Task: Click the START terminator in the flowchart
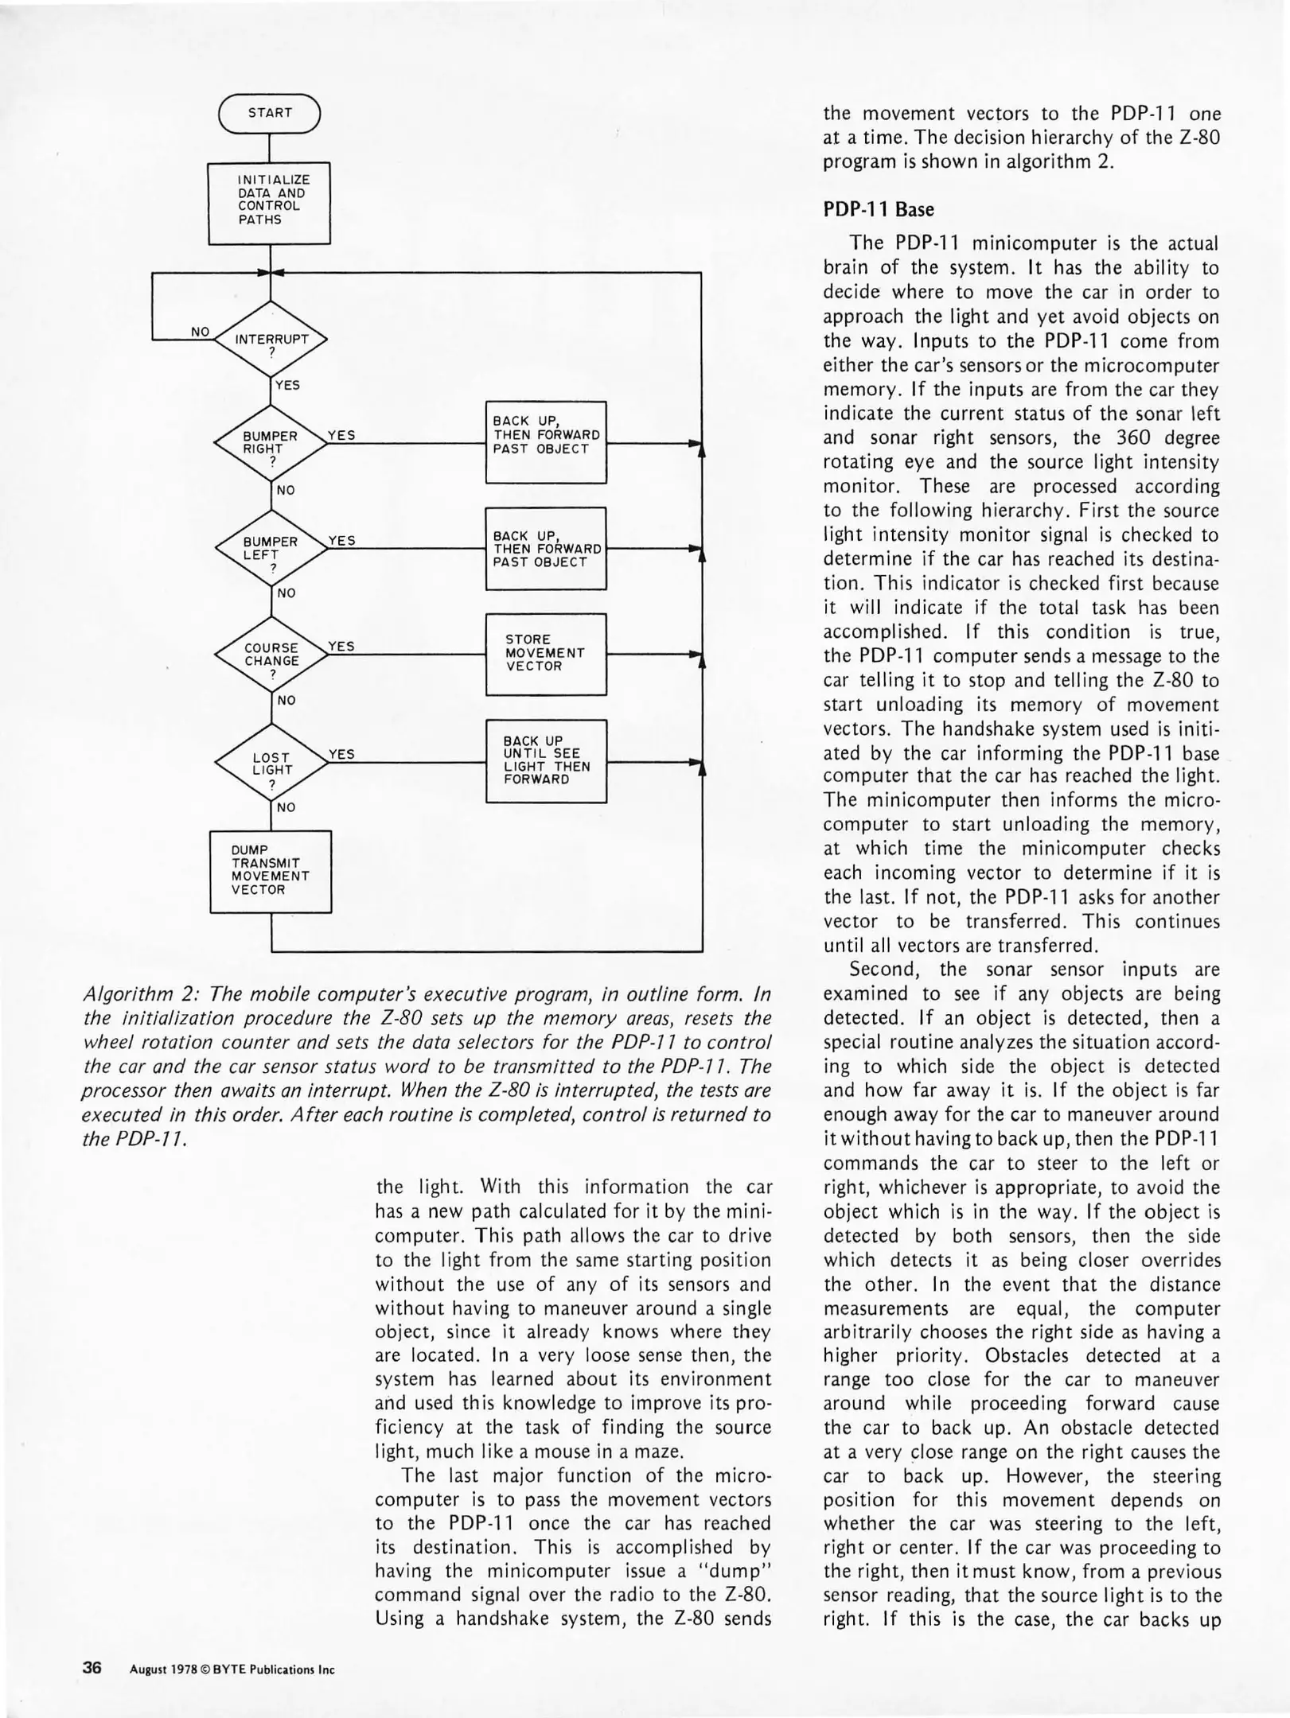point(270,113)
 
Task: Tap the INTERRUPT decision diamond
point(271,339)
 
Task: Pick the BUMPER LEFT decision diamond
point(271,548)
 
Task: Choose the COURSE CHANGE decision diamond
point(271,655)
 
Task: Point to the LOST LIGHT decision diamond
point(271,763)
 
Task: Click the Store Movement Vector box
point(546,653)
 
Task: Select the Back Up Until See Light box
point(546,760)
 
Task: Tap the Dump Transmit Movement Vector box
point(270,871)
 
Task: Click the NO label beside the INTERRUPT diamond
point(200,331)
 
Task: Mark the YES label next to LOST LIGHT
point(341,753)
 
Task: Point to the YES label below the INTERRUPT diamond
point(287,385)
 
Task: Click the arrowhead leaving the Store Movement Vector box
point(696,654)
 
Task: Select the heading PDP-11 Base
point(879,209)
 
